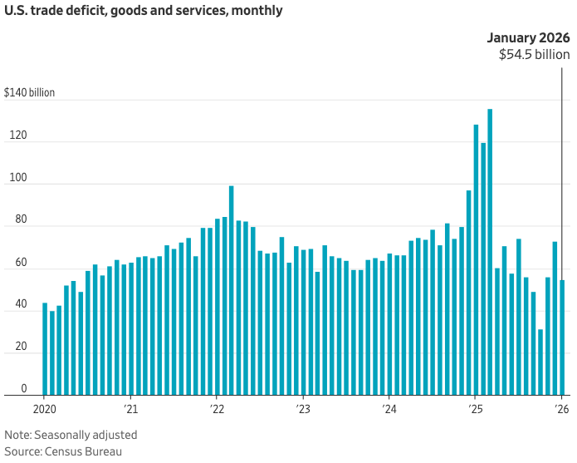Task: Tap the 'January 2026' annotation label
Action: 528,38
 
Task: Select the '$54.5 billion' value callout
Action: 534,55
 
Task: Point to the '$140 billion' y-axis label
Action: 29,92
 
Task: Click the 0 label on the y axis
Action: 24,388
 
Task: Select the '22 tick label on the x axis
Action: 217,409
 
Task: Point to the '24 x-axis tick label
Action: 389,409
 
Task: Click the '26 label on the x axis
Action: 562,409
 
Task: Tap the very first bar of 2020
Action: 45,349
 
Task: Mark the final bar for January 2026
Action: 562,337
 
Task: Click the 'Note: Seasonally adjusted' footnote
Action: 71,435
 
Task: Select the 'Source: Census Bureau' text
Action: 63,451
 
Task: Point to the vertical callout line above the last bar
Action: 562,166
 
